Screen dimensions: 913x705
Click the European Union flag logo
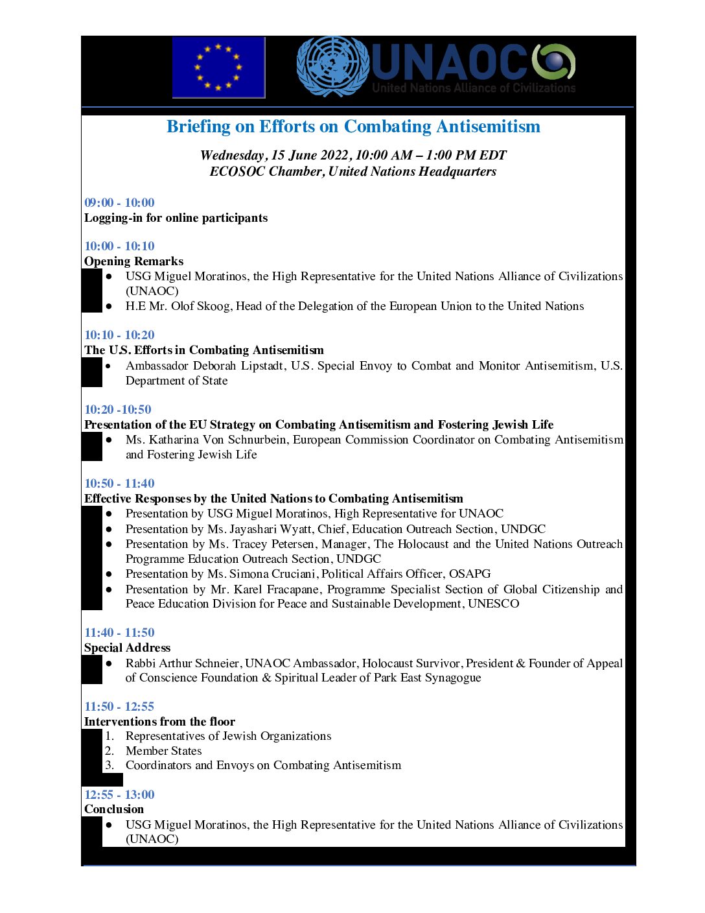[x=218, y=67]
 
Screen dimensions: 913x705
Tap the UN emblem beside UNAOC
[x=332, y=67]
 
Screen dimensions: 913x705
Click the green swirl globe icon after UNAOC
[x=554, y=62]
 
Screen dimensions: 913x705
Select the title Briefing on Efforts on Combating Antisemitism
[x=353, y=126]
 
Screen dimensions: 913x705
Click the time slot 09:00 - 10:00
[x=119, y=202]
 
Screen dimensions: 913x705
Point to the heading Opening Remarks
[x=133, y=261]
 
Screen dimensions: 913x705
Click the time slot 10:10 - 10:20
[x=119, y=335]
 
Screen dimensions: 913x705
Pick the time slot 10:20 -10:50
[x=117, y=409]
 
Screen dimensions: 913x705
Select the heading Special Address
[x=127, y=648]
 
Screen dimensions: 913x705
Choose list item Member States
[x=163, y=751]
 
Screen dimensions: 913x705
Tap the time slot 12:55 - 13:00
[x=119, y=794]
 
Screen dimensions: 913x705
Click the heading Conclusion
[x=114, y=809]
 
